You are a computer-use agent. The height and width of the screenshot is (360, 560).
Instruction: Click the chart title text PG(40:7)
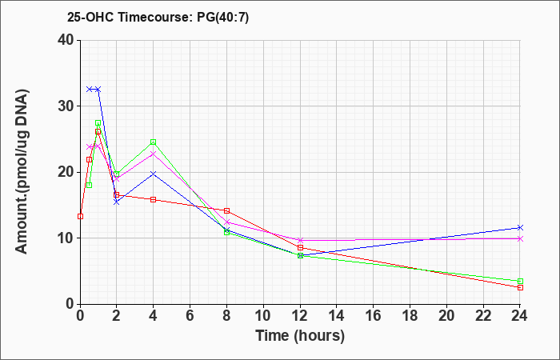pyautogui.click(x=223, y=17)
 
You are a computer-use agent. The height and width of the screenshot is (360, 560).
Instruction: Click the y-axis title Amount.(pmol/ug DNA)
pyautogui.click(x=22, y=172)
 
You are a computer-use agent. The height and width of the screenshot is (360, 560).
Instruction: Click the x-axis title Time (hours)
pyautogui.click(x=300, y=336)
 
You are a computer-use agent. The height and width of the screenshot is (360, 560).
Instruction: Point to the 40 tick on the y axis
pyautogui.click(x=66, y=40)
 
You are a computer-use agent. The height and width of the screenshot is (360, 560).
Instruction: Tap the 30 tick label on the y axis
pyautogui.click(x=66, y=106)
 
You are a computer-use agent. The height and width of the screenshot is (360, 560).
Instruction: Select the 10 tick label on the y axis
pyautogui.click(x=66, y=238)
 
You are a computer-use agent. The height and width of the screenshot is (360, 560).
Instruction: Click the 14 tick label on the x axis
pyautogui.click(x=337, y=316)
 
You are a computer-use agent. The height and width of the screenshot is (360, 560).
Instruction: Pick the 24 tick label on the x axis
pyautogui.click(x=520, y=316)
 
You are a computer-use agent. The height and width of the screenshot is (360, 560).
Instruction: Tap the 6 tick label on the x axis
pyautogui.click(x=190, y=316)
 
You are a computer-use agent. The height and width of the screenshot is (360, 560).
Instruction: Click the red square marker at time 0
pyautogui.click(x=80, y=217)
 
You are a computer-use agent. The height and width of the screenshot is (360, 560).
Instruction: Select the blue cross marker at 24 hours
pyautogui.click(x=520, y=227)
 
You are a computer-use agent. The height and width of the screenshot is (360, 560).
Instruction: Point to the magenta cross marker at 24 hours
pyautogui.click(x=520, y=238)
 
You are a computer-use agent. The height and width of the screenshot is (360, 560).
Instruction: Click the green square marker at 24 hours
pyautogui.click(x=520, y=281)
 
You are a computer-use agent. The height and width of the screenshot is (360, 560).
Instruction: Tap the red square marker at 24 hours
pyautogui.click(x=520, y=287)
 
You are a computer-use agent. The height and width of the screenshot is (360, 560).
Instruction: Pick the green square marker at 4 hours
pyautogui.click(x=154, y=142)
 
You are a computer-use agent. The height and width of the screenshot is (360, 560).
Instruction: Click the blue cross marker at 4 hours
pyautogui.click(x=154, y=174)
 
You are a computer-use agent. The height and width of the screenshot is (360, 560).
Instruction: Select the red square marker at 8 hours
pyautogui.click(x=226, y=210)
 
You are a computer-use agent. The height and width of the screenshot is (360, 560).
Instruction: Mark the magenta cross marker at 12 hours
pyautogui.click(x=300, y=240)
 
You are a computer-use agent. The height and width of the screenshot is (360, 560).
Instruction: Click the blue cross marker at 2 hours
pyautogui.click(x=117, y=202)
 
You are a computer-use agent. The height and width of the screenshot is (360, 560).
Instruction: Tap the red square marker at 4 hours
pyautogui.click(x=154, y=200)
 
